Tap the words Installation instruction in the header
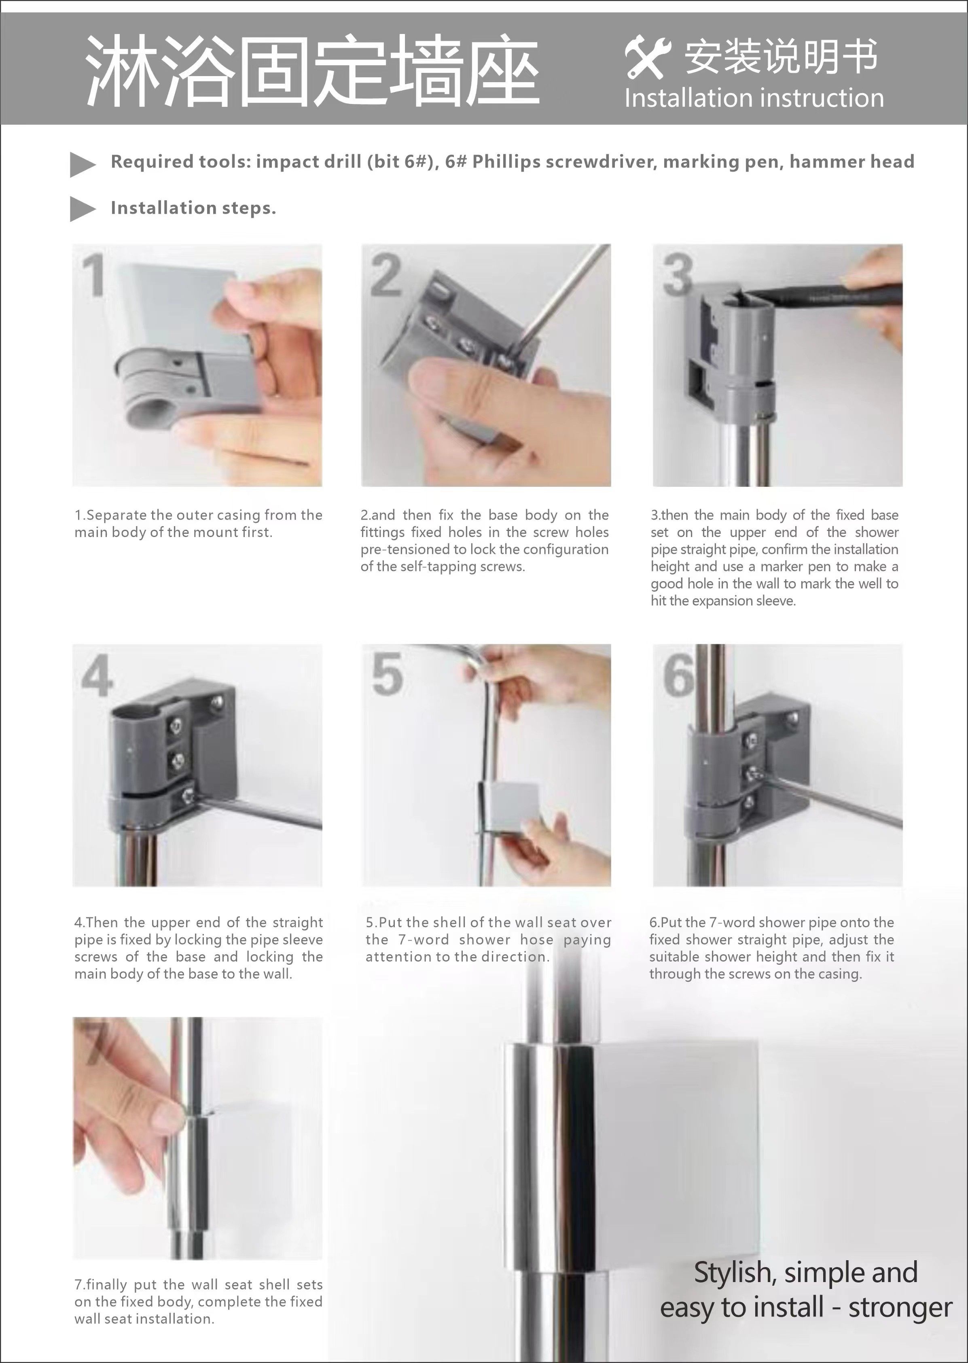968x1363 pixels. point(754,98)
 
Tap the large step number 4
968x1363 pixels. point(97,675)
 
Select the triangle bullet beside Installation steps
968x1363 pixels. point(82,209)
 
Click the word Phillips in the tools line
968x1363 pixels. point(506,162)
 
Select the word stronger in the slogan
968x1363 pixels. point(900,1308)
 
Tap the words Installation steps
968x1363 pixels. point(193,208)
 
